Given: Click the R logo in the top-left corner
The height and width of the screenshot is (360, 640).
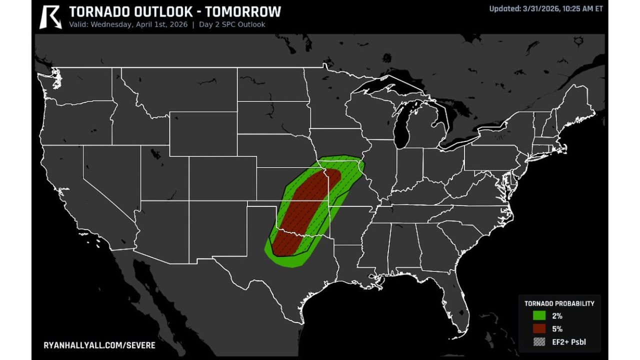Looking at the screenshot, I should tap(50, 16).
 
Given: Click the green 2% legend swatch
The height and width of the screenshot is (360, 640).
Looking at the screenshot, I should tap(538, 316).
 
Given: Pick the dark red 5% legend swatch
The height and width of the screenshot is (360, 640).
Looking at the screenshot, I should tap(538, 329).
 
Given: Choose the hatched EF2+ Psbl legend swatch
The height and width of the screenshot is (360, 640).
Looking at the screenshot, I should tap(538, 342).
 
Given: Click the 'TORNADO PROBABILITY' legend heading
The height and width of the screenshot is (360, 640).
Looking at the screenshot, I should tap(559, 303).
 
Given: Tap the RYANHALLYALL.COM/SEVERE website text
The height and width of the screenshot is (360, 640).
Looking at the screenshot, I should tap(99, 345).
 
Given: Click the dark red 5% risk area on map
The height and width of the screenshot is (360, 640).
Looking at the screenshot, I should tap(306, 205).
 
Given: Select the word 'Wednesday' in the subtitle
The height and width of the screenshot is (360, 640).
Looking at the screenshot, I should tap(110, 24).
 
